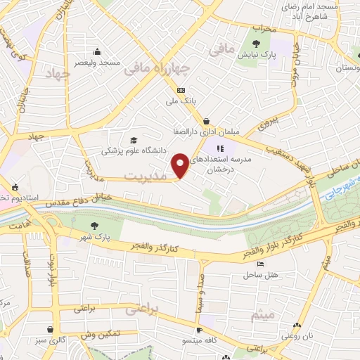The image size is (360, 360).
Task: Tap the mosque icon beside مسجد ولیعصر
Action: [97, 51]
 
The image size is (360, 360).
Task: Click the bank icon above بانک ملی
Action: [181, 90]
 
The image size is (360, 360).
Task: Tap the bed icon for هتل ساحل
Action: [262, 264]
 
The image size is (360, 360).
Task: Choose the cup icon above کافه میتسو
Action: [199, 330]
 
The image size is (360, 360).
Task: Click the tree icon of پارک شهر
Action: [95, 225]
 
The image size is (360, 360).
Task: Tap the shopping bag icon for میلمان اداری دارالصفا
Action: [206, 120]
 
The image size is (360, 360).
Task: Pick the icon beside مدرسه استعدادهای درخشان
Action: [219, 148]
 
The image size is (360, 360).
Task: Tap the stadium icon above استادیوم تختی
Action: [15, 187]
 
